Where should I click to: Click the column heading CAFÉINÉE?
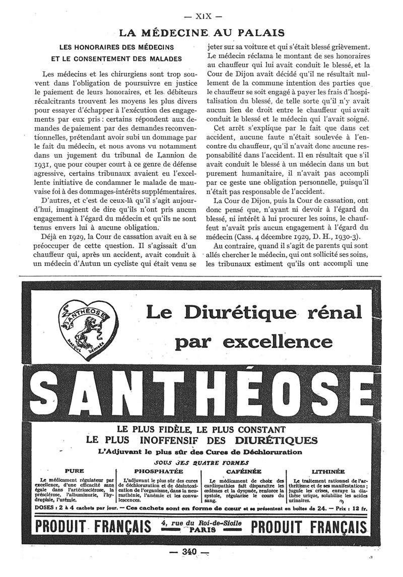[x=244, y=471]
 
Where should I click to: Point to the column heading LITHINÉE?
[x=328, y=471]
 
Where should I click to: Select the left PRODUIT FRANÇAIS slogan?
[x=94, y=527]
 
